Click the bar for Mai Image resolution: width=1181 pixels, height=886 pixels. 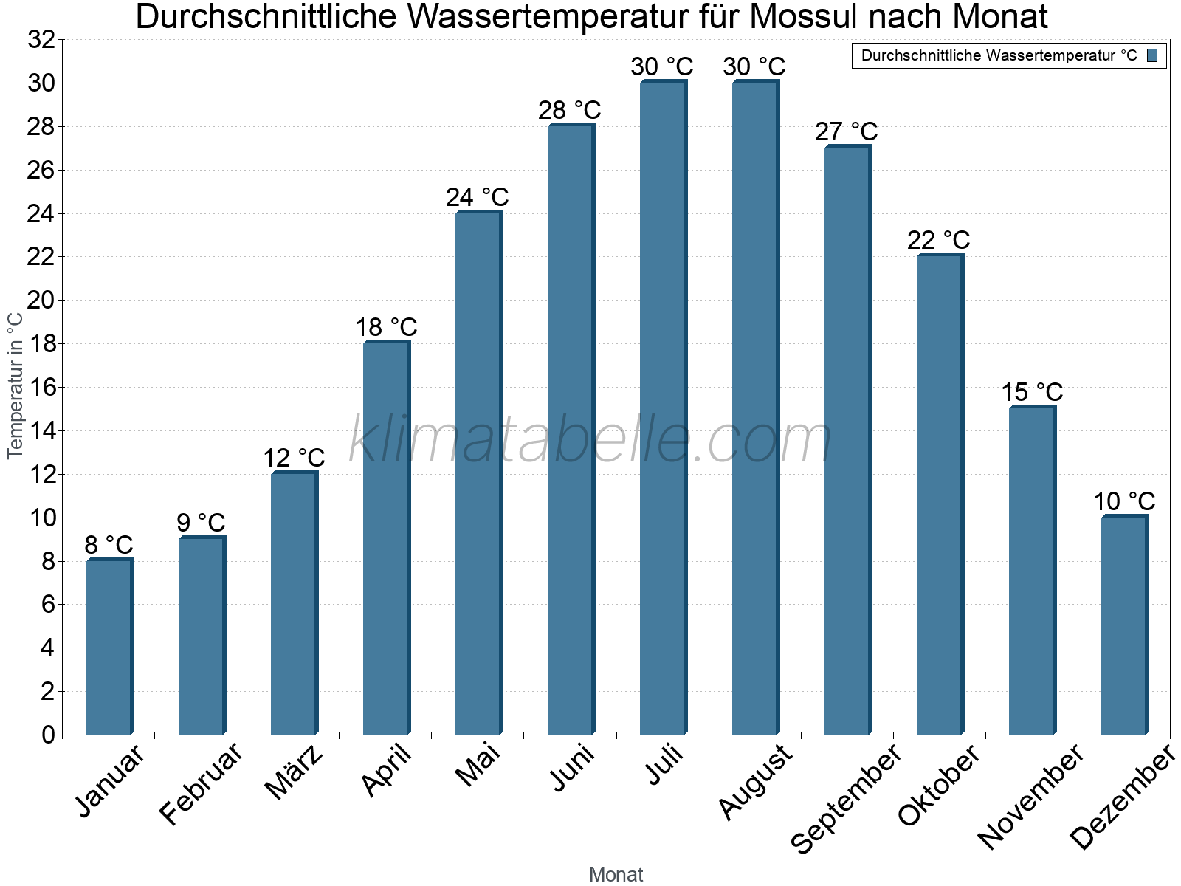[478, 473]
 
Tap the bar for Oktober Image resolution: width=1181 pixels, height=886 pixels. [940, 494]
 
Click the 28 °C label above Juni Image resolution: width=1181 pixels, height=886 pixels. [569, 110]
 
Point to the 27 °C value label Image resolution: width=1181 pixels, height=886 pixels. [846, 131]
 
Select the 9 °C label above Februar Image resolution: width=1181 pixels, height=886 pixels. [201, 523]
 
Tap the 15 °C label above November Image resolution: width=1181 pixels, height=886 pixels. [1032, 392]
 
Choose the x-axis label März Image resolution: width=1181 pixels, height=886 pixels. [294, 772]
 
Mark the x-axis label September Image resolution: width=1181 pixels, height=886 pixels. [845, 797]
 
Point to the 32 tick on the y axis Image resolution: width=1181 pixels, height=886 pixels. [41, 40]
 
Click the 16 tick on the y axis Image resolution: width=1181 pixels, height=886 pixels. [41, 387]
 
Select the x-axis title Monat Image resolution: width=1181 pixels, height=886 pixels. [616, 874]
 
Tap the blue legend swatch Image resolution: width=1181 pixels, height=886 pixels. [1152, 55]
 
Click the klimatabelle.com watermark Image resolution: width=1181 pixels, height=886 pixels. [590, 440]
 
